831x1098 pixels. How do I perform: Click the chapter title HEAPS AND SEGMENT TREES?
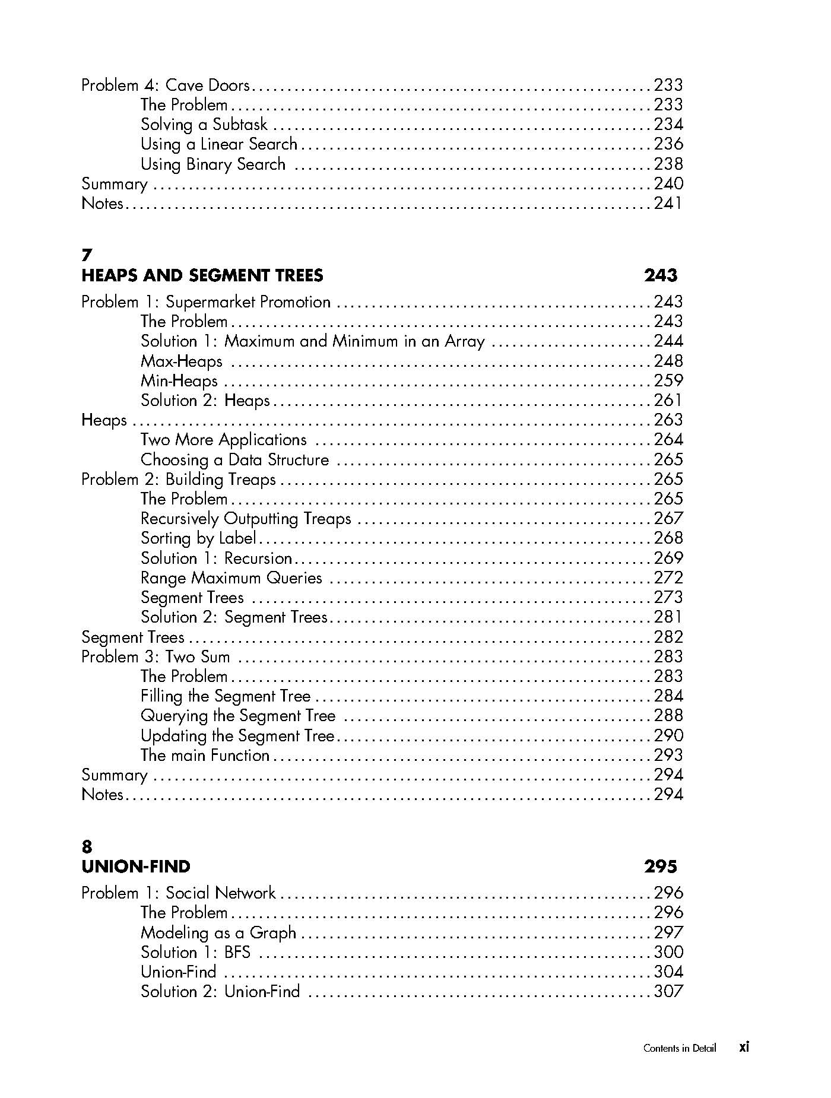[x=202, y=275]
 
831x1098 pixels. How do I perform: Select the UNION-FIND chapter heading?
[x=135, y=867]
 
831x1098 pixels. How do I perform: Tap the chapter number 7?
[x=87, y=255]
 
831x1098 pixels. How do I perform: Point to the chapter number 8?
[x=87, y=847]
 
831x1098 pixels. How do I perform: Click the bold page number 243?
[x=660, y=275]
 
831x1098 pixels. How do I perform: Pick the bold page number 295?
[x=660, y=867]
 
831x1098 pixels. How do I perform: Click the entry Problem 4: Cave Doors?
[x=165, y=85]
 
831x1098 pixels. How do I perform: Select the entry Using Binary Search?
[x=212, y=164]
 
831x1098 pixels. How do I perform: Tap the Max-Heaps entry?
[x=181, y=361]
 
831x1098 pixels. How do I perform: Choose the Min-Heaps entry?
[x=179, y=381]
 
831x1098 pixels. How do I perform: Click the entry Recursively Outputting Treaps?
[x=246, y=519]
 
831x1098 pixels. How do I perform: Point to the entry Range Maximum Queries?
[x=231, y=578]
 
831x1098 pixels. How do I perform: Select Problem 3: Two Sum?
[x=156, y=657]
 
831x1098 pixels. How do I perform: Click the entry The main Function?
[x=205, y=756]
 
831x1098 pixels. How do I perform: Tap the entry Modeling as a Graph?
[x=218, y=932]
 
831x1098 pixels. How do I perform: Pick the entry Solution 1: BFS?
[x=195, y=953]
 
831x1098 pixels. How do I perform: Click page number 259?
[x=668, y=381]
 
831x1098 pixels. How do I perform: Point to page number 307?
[x=668, y=992]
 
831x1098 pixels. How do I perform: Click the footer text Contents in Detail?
[x=679, y=1048]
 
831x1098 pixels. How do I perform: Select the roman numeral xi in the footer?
[x=744, y=1047]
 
